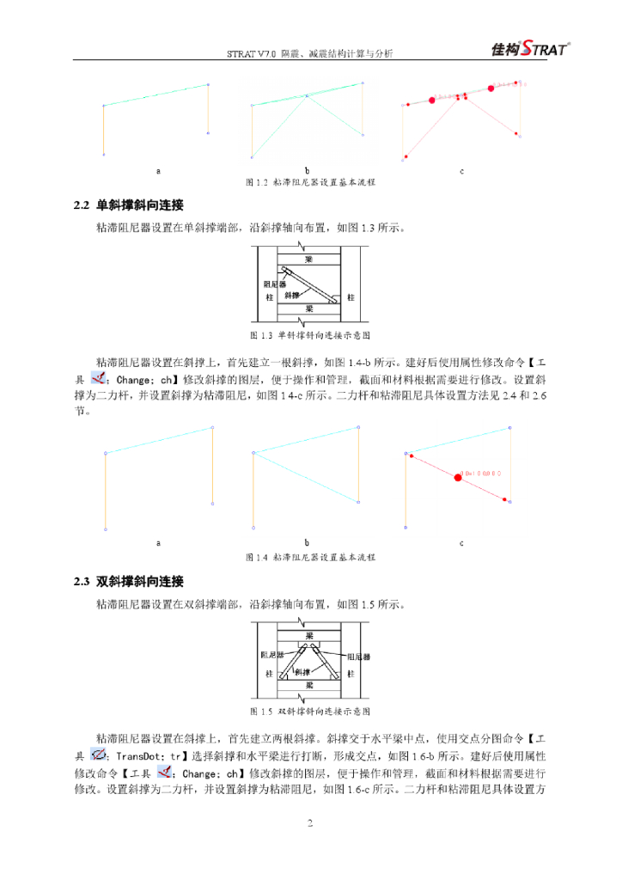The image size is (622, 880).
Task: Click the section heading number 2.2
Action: point(82,206)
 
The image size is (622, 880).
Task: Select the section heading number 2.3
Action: point(82,582)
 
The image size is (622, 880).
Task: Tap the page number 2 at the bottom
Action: point(310,824)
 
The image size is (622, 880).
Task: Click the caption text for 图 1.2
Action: point(310,183)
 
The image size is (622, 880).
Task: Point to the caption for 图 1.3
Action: point(310,334)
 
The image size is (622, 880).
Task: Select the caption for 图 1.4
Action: point(310,558)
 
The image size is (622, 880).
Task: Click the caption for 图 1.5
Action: point(310,712)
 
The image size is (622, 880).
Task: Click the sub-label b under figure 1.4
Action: point(307,543)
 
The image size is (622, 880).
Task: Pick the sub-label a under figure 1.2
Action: point(158,171)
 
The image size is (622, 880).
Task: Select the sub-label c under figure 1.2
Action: point(461,171)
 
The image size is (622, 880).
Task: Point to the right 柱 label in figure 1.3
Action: point(350,297)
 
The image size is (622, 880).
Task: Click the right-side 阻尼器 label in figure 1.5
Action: point(359,657)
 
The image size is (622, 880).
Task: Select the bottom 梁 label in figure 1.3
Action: point(309,308)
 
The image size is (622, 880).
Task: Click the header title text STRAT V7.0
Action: point(252,53)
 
